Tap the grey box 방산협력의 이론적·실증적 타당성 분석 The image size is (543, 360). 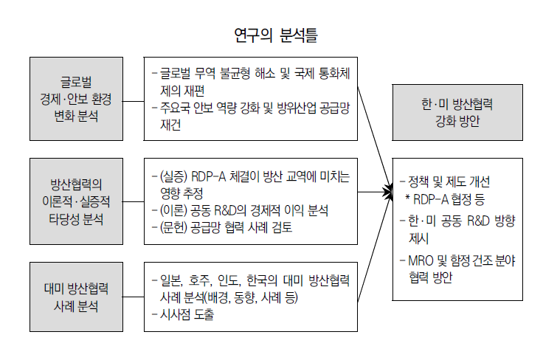click(76, 201)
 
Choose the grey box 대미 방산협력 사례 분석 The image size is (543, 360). click(76, 296)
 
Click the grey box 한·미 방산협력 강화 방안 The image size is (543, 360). click(452, 112)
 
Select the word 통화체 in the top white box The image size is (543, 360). click(339, 73)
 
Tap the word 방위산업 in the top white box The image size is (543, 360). click(290, 108)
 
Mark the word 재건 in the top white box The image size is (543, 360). click(173, 125)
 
